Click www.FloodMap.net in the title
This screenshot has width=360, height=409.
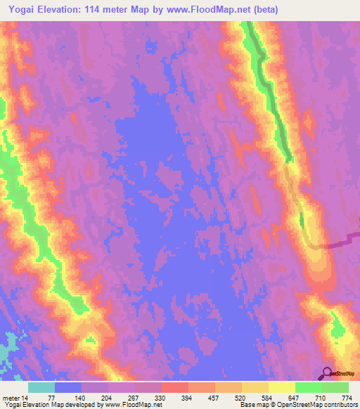pos(212,10)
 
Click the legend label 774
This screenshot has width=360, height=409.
pos(347,397)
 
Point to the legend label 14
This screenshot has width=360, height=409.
pos(25,397)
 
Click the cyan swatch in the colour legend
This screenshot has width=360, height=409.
pos(41,387)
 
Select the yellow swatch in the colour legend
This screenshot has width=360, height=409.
pos(281,387)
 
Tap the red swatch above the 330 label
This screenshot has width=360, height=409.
pos(174,387)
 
